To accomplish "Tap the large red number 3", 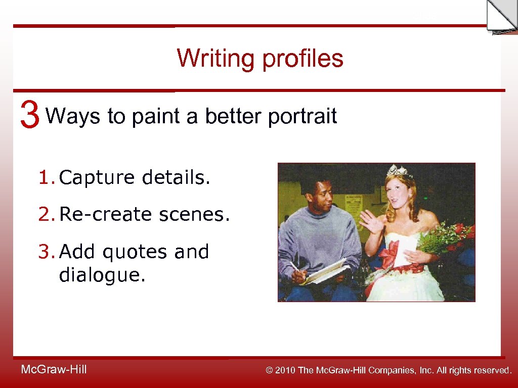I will (x=30, y=115).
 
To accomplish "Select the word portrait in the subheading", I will (x=302, y=117).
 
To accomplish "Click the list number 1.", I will (x=45, y=178).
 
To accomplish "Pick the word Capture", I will (x=97, y=178).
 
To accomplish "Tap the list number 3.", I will (x=45, y=252).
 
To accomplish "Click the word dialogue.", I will (x=102, y=276).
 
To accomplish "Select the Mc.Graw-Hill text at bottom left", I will (x=54, y=370).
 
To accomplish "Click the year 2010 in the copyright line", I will (x=285, y=370).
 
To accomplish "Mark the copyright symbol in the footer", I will (x=270, y=370).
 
